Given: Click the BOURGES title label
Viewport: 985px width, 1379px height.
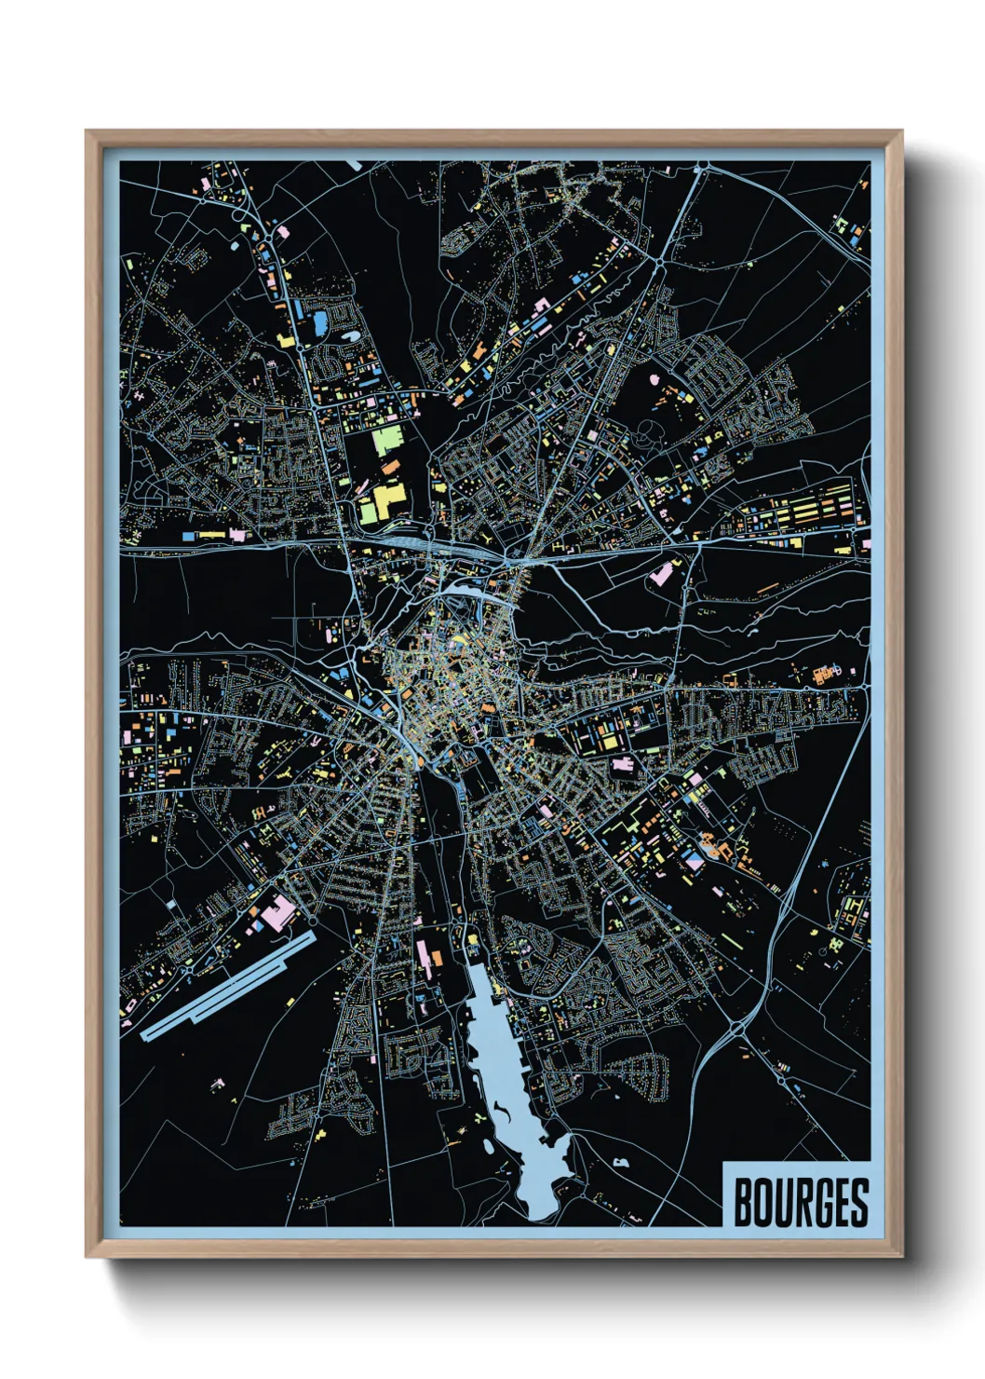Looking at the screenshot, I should pyautogui.click(x=800, y=1202).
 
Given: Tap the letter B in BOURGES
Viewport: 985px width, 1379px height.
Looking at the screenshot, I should pyautogui.click(x=744, y=1203).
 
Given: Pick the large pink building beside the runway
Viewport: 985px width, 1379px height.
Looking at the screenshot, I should pyautogui.click(x=277, y=913).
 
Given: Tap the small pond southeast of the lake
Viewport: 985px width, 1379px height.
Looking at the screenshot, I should pyautogui.click(x=619, y=1162).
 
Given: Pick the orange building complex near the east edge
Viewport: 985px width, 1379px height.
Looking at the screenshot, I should pyautogui.click(x=824, y=673).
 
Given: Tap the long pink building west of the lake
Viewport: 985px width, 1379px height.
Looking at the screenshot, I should pyautogui.click(x=422, y=954).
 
